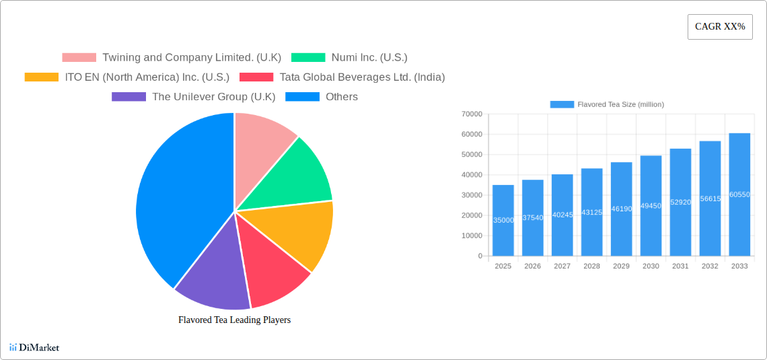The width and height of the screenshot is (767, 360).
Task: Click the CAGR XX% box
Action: click(719, 27)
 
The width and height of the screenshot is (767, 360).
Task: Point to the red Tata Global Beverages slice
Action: click(272, 276)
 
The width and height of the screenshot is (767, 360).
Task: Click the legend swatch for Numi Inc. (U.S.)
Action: click(308, 58)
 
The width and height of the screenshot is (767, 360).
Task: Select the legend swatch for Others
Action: click(302, 97)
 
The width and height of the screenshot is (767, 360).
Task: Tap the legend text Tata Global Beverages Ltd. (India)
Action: click(362, 77)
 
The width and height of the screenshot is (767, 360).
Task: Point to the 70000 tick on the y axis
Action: click(472, 114)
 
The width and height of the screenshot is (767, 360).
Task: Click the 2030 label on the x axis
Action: click(651, 266)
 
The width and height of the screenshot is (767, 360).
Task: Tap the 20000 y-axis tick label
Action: click(472, 215)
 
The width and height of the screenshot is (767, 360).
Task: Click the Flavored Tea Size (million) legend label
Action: click(620, 104)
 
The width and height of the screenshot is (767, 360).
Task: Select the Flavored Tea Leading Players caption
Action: click(234, 320)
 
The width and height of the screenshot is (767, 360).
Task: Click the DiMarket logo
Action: click(34, 347)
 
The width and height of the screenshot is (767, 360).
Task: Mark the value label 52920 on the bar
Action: click(680, 202)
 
